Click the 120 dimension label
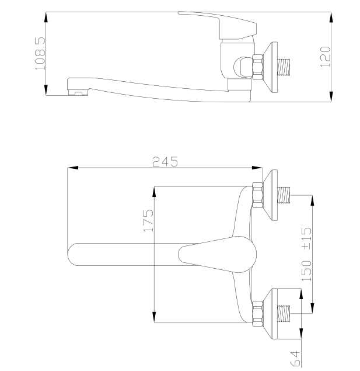click(325, 57)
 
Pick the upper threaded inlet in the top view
click(284, 195)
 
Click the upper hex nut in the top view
click(257, 195)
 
